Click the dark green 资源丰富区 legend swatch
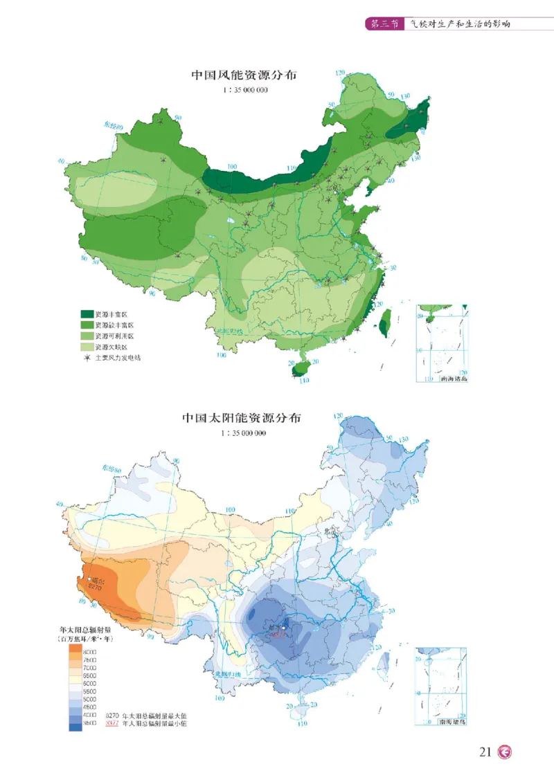click(x=87, y=313)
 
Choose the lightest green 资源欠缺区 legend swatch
click(x=87, y=347)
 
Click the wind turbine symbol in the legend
click(x=87, y=358)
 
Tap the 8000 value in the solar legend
click(x=90, y=653)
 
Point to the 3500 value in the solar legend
click(x=90, y=723)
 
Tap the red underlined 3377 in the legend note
click(x=112, y=723)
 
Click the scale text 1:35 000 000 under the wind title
click(x=244, y=90)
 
